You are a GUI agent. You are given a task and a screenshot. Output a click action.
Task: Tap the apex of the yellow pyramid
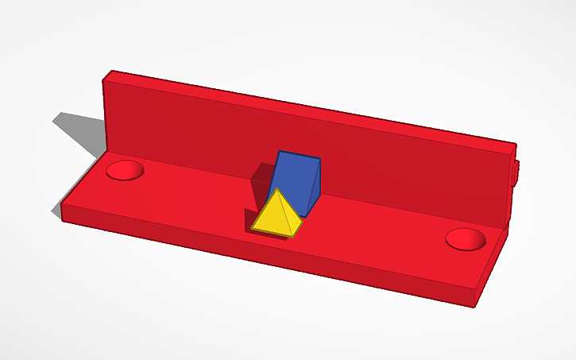pyautogui.click(x=275, y=190)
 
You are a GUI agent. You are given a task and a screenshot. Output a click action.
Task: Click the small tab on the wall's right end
pyautogui.click(x=517, y=173)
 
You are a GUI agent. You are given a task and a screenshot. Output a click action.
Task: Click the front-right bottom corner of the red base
pyautogui.click(x=477, y=307)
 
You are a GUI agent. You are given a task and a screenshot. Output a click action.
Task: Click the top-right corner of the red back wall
pyautogui.click(x=516, y=146)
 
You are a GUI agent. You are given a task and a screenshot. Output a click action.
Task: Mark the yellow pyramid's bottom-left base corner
pyautogui.click(x=253, y=228)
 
